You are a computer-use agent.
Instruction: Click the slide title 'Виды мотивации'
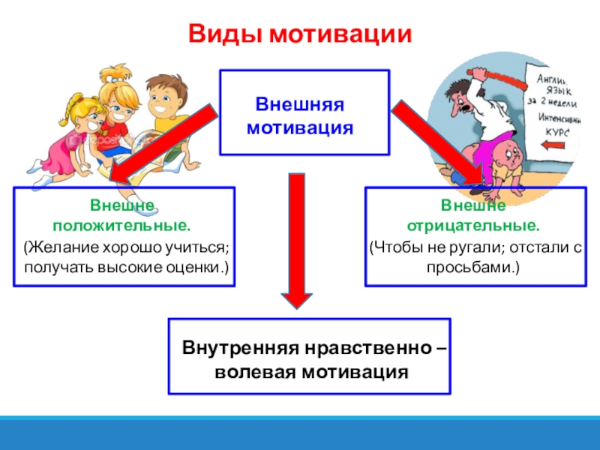tap(299, 34)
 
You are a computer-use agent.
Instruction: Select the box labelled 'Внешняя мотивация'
tap(304, 112)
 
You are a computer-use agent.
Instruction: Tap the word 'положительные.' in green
tap(121, 224)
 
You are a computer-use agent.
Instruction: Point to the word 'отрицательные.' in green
tap(472, 224)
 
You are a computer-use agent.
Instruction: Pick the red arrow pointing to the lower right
tap(442, 142)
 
